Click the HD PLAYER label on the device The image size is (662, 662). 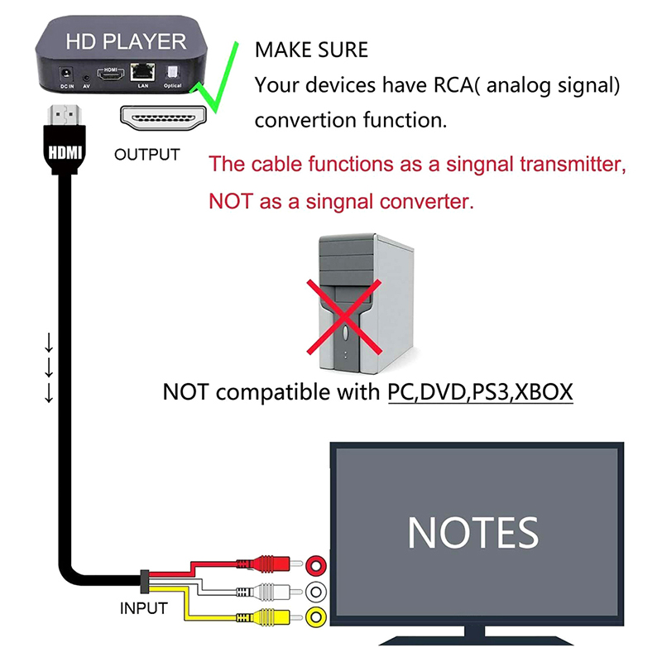pyautogui.click(x=126, y=40)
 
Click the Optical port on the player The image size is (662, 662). pyautogui.click(x=172, y=72)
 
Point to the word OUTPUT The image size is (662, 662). pyautogui.click(x=146, y=154)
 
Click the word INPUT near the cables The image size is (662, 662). pyautogui.click(x=144, y=608)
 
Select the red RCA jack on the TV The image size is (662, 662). pyautogui.click(x=315, y=565)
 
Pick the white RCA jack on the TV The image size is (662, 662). pyautogui.click(x=315, y=592)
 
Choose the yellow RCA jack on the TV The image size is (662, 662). pyautogui.click(x=315, y=616)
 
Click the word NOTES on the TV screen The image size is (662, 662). pyautogui.click(x=473, y=532)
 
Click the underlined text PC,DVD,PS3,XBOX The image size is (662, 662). pyautogui.click(x=480, y=391)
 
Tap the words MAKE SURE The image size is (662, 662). pyautogui.click(x=311, y=50)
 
